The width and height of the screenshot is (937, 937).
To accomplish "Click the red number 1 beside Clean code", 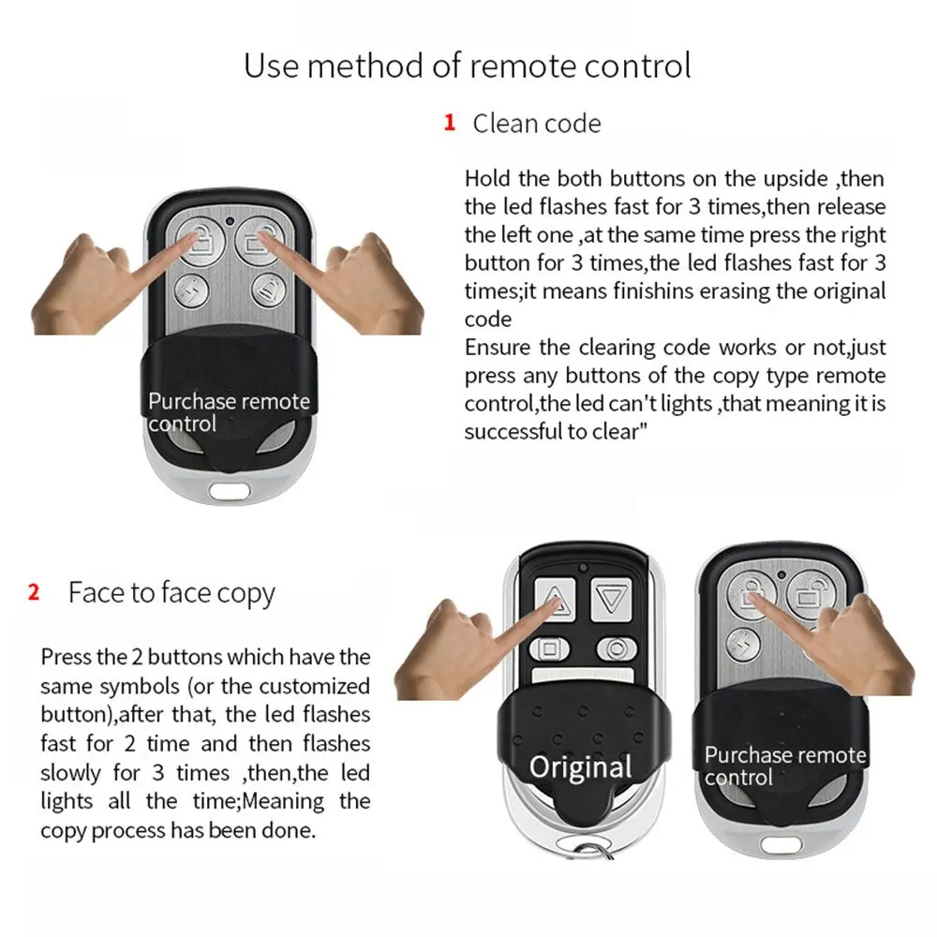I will [450, 123].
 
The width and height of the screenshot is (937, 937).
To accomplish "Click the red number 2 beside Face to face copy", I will [34, 592].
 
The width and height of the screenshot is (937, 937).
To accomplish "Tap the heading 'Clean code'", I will [536, 123].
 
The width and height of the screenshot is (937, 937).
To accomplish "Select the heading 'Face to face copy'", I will [171, 594].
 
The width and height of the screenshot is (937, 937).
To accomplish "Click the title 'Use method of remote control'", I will [468, 66].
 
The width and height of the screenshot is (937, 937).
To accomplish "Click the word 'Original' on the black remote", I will [580, 766].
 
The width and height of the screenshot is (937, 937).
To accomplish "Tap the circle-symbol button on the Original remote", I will [616, 647].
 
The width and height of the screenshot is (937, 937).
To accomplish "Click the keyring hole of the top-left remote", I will [229, 489].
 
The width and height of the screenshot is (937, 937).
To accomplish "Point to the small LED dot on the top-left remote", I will [230, 221].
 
